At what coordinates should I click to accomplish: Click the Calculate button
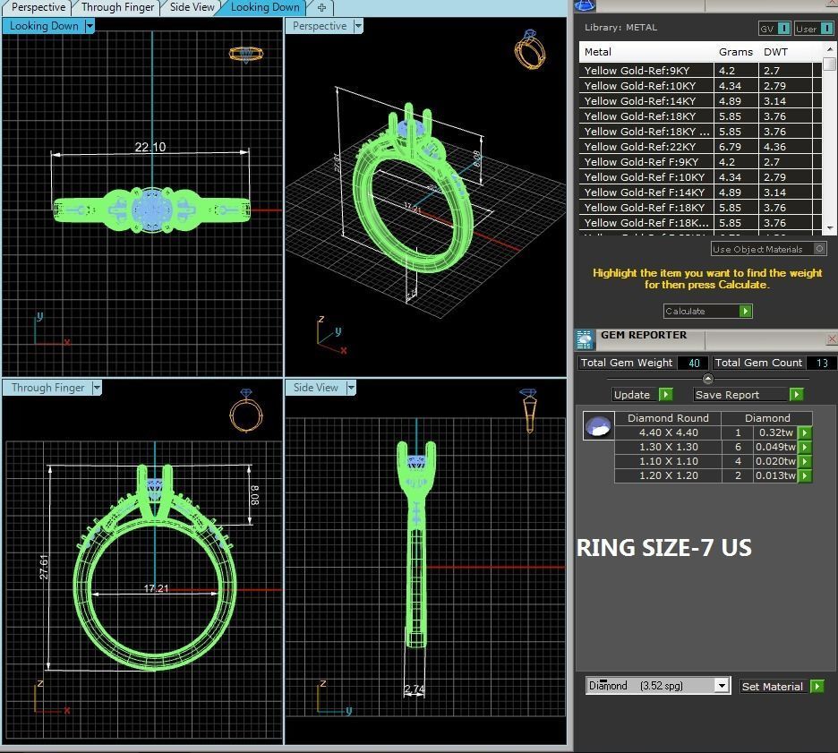707,311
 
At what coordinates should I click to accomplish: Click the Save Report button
748,395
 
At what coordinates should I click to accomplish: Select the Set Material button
781,687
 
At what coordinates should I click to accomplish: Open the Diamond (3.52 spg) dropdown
658,686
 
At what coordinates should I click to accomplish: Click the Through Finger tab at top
117,7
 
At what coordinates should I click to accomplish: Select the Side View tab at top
192,7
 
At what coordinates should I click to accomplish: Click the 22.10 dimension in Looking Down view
150,147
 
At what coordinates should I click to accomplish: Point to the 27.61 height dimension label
44,567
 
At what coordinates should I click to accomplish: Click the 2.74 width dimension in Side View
414,689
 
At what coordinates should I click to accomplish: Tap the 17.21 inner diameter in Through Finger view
156,588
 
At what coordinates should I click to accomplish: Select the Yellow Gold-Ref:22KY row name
639,147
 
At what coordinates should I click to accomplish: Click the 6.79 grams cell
729,147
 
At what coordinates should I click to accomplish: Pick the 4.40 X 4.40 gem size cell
668,432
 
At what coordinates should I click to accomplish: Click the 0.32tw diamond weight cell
775,432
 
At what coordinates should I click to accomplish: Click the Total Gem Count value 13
821,363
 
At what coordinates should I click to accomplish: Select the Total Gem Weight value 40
693,363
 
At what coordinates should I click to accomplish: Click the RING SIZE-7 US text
663,548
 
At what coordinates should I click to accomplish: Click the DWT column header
775,52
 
